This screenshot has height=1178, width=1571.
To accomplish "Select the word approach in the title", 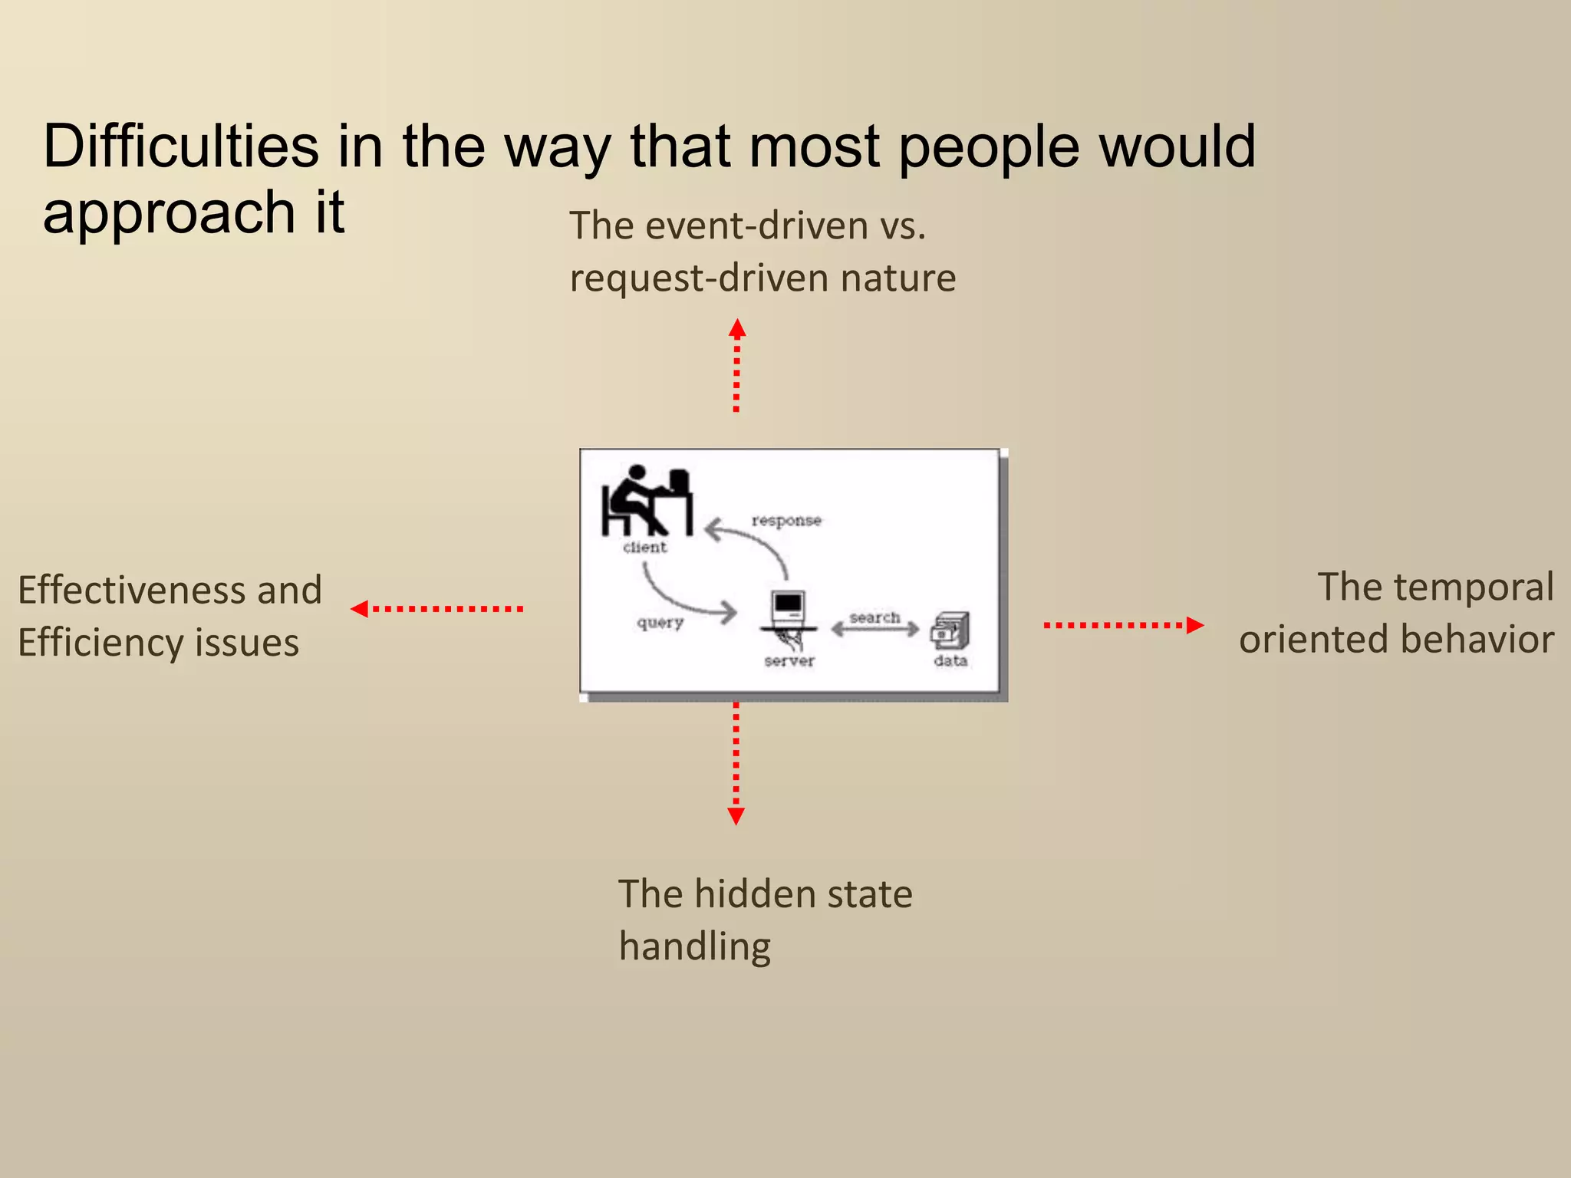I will pyautogui.click(x=169, y=212).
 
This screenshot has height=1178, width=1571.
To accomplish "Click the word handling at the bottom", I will pyautogui.click(x=695, y=946).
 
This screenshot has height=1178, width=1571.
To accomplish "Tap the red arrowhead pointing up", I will pyautogui.click(x=737, y=328).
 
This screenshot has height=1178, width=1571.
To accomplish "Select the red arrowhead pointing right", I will pyautogui.click(x=1194, y=625).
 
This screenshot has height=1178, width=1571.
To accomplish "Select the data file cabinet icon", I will pyautogui.click(x=950, y=630).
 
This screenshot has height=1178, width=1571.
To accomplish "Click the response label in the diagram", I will pyautogui.click(x=786, y=521).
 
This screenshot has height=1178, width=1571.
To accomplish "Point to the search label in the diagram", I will pyautogui.click(x=874, y=617).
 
